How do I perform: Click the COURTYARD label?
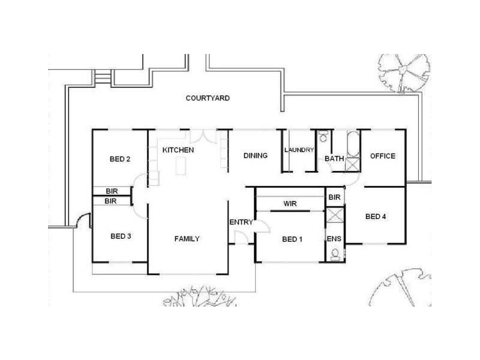tap(208, 98)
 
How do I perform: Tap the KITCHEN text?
tap(178, 149)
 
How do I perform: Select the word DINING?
tap(255, 156)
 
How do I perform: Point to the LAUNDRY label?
tap(299, 150)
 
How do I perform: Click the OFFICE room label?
tap(382, 156)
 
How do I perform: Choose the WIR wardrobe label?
tap(291, 204)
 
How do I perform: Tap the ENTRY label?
tap(241, 223)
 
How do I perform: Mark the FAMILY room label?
tap(187, 239)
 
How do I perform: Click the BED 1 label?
tap(292, 239)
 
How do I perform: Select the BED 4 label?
tap(375, 217)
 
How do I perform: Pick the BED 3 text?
tap(121, 236)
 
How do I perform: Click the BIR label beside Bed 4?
tap(335, 197)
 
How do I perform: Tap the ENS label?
tap(334, 239)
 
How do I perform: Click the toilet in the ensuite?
tap(334, 254)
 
